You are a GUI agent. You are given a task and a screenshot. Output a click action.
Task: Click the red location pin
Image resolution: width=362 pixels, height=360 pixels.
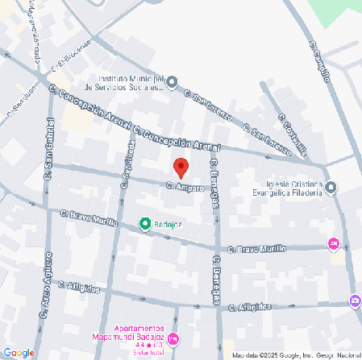coord(181,168)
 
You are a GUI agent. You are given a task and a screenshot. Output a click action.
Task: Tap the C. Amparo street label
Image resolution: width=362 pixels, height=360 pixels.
coord(184,187)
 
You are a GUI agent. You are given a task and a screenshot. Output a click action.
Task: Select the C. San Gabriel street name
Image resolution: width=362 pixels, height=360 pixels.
coord(49,147)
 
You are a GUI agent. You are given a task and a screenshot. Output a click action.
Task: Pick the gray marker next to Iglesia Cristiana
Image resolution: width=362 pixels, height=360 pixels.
coord(331,188)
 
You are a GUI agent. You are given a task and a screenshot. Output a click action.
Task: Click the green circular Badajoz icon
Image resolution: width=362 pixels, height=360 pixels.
coord(145,223)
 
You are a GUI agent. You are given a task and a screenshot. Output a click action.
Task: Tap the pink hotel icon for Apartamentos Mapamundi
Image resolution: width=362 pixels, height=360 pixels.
coord(173,337)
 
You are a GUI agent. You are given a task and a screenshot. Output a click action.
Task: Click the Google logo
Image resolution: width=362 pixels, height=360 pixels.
coord(18,352)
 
